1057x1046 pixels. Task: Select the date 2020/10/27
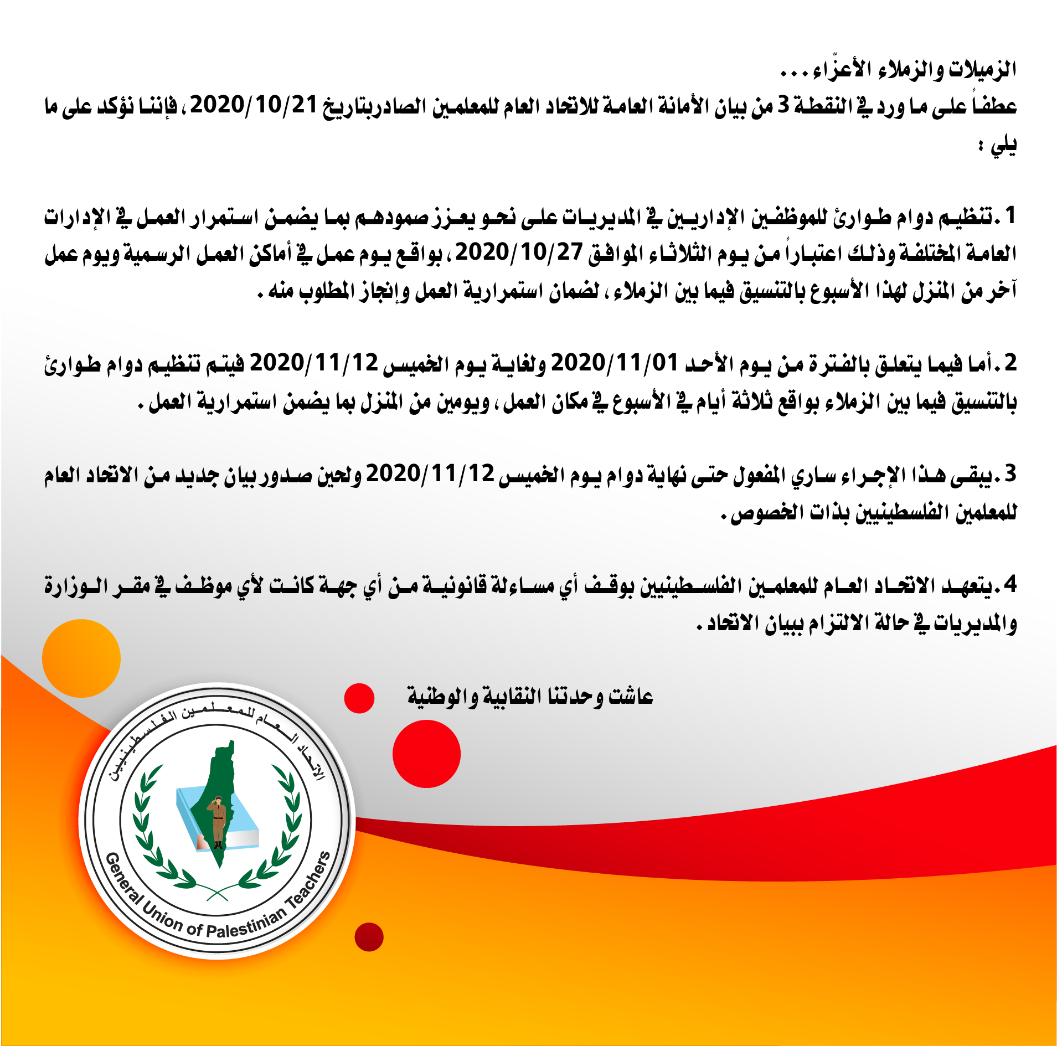click(519, 253)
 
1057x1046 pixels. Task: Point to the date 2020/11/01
click(615, 363)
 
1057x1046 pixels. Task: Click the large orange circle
click(81, 658)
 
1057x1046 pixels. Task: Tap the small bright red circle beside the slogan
click(359, 698)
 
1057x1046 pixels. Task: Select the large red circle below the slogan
click(426, 754)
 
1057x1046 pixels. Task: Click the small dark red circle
click(369, 937)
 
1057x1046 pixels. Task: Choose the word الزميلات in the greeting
click(982, 69)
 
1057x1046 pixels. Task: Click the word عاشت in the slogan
click(631, 696)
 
